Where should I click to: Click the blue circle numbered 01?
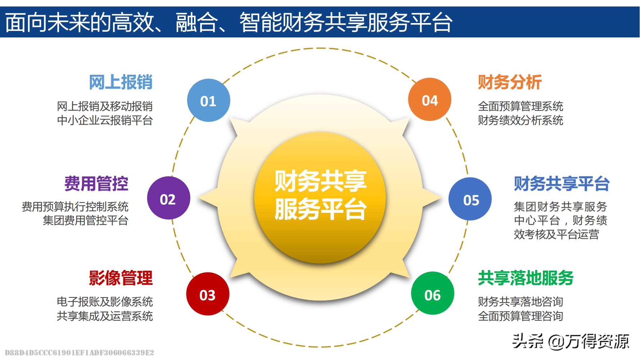click(x=208, y=100)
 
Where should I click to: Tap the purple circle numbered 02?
click(x=168, y=198)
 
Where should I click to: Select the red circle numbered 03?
click(x=208, y=294)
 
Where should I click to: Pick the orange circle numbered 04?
click(x=430, y=99)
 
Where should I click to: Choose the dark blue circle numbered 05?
click(x=470, y=199)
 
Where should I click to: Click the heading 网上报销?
click(x=121, y=82)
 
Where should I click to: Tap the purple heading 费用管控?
click(x=96, y=183)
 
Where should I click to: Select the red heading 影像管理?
click(x=121, y=278)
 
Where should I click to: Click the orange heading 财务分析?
click(x=510, y=82)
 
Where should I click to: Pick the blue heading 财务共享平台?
click(x=562, y=184)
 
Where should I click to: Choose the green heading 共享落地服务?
click(x=526, y=278)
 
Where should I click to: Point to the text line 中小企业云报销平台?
click(x=105, y=120)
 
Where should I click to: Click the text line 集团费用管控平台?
click(x=86, y=220)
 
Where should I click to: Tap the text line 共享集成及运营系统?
click(x=105, y=316)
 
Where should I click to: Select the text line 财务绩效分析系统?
click(x=520, y=120)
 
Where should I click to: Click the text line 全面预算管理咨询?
click(x=520, y=316)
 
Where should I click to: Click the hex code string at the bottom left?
click(x=80, y=352)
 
